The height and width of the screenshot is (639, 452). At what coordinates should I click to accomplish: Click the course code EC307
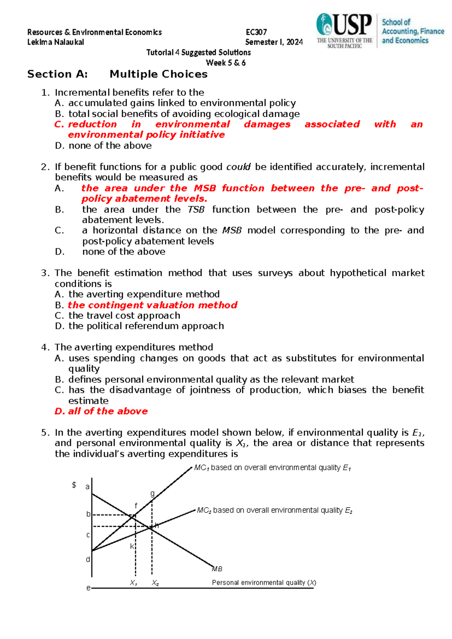click(256, 32)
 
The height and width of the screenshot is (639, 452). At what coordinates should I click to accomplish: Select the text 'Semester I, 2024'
click(274, 42)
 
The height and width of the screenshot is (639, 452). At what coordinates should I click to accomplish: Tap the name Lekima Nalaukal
click(55, 42)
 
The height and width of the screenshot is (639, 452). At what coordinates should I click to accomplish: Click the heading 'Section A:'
click(57, 74)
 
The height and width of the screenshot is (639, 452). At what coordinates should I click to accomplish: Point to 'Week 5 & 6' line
click(226, 63)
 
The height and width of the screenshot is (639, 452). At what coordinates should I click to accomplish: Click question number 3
click(45, 273)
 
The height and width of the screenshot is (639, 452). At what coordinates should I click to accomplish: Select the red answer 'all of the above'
click(108, 411)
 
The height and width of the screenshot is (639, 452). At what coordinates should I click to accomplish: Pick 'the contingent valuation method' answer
click(153, 305)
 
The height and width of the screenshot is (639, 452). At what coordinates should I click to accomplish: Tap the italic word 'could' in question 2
click(238, 167)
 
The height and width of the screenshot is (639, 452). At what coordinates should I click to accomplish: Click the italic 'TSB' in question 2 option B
click(196, 209)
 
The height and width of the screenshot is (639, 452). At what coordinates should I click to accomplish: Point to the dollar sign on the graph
click(74, 485)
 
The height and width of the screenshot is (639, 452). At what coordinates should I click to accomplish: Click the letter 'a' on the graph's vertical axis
click(87, 487)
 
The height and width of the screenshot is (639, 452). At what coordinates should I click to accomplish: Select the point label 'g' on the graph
click(152, 493)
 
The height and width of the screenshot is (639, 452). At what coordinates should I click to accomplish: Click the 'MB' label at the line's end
click(217, 569)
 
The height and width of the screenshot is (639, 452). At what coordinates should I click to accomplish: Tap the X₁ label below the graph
click(133, 583)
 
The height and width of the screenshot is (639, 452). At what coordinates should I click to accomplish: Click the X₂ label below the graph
click(155, 583)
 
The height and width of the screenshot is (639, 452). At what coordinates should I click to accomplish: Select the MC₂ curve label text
click(275, 511)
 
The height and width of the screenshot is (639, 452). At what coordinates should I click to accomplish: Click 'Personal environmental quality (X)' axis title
click(264, 582)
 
